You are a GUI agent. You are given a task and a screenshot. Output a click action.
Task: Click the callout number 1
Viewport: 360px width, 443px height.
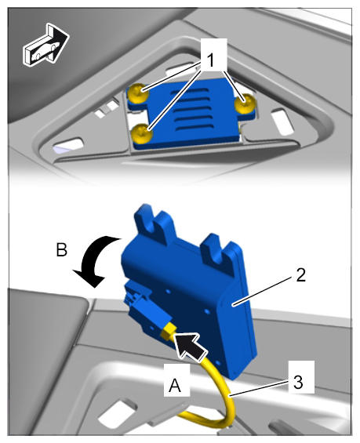point(210,60)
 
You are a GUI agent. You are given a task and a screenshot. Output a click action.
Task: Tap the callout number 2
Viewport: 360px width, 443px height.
point(301,274)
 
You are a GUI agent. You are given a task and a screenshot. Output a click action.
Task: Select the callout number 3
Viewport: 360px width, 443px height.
point(298,383)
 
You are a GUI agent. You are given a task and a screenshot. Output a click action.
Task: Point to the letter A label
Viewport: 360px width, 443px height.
point(175,385)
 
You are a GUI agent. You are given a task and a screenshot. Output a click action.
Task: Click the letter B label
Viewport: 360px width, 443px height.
point(62,249)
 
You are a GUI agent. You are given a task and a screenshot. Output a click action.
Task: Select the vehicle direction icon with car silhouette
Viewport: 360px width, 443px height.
point(45,45)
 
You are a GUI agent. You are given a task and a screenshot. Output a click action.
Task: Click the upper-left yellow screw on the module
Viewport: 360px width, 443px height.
point(138,94)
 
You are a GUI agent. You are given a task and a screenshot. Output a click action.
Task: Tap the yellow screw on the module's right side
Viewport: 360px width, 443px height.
point(245,103)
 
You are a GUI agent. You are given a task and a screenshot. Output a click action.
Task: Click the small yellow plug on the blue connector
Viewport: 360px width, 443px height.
point(169,331)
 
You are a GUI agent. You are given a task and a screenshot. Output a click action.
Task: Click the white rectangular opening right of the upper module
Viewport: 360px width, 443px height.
point(282,122)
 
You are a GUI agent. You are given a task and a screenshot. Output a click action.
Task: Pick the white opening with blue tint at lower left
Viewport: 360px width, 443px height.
point(69,144)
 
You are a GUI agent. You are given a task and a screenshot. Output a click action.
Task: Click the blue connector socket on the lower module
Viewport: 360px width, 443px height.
point(139,305)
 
